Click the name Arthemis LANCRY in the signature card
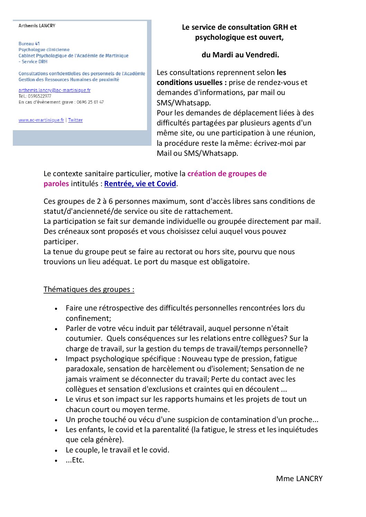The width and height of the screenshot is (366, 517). (37, 26)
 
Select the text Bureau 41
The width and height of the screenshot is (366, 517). (29, 44)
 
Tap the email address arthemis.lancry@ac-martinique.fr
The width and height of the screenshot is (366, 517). (54, 90)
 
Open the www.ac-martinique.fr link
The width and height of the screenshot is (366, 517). (41, 120)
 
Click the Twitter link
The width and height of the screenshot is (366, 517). (75, 120)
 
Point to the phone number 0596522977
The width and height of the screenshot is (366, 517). (39, 96)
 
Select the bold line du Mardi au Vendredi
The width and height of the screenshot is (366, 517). (240, 55)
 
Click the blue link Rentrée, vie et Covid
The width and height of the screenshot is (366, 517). (140, 184)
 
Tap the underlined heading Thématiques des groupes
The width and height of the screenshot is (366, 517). (89, 289)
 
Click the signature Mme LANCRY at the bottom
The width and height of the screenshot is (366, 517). (299, 479)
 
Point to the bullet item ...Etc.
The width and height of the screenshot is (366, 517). (75, 460)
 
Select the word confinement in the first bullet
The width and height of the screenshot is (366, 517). (88, 318)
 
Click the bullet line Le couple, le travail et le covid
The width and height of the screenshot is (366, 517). (118, 450)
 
